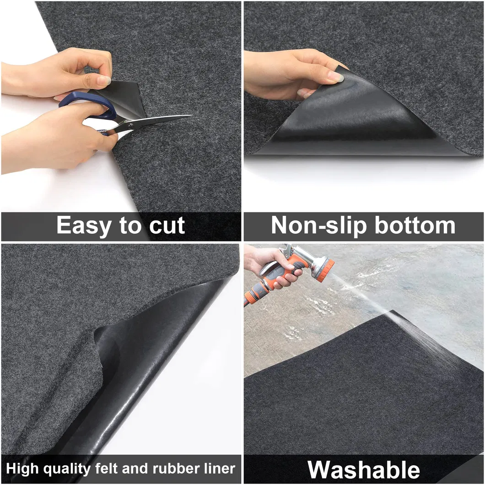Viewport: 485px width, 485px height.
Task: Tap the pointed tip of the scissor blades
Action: [x=193, y=116]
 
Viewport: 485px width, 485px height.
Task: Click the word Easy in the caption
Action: [x=83, y=226]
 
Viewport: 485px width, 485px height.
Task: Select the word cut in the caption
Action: [x=167, y=226]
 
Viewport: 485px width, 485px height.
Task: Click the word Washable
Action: [x=364, y=470]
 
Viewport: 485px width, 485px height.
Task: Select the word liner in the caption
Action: [x=220, y=469]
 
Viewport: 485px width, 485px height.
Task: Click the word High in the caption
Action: [x=22, y=469]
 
